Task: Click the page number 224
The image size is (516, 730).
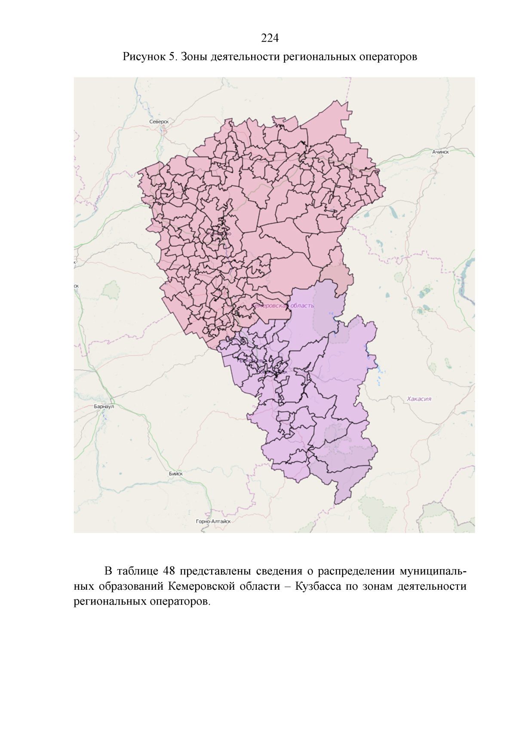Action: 270,38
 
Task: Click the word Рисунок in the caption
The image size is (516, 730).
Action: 144,57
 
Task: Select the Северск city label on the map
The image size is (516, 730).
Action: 159,122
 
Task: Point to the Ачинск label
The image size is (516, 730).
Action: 441,152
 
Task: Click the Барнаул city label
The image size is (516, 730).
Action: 104,407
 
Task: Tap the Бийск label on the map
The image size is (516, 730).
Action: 175,474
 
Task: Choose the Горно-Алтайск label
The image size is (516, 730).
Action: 213,521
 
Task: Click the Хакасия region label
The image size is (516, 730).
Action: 419,399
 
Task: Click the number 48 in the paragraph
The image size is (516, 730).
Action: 169,571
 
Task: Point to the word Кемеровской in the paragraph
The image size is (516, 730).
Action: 201,586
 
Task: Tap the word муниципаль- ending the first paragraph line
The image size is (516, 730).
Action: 433,571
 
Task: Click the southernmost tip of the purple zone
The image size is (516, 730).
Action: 336,504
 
